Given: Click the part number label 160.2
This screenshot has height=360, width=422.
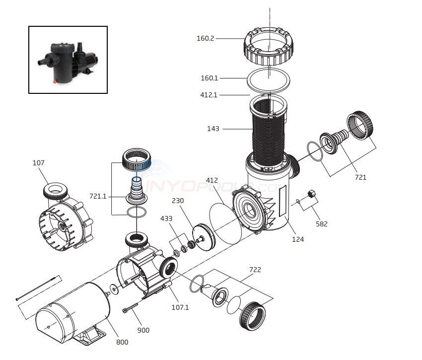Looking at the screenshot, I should coord(205,38).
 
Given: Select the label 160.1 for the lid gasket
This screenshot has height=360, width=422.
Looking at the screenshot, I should coord(209,78).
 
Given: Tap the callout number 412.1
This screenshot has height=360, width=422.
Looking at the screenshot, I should coord(209,95).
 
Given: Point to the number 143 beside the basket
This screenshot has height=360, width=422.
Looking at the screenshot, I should coord(213,129).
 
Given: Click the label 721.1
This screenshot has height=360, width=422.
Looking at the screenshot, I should coord(98,196).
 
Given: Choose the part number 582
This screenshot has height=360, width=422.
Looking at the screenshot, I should coord(322,224).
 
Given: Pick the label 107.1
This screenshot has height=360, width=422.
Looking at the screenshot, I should coord(180,307).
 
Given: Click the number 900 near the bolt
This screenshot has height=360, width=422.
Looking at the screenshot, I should coord(143,330).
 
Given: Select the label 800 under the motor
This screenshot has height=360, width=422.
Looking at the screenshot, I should coord(122,342).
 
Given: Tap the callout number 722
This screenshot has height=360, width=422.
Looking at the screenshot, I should coord(255,270).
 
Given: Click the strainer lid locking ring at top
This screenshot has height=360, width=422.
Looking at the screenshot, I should coord(269,51).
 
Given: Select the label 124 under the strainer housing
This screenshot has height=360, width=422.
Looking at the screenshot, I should coord(298,239).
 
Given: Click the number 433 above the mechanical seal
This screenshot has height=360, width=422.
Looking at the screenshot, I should coord(166,218).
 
